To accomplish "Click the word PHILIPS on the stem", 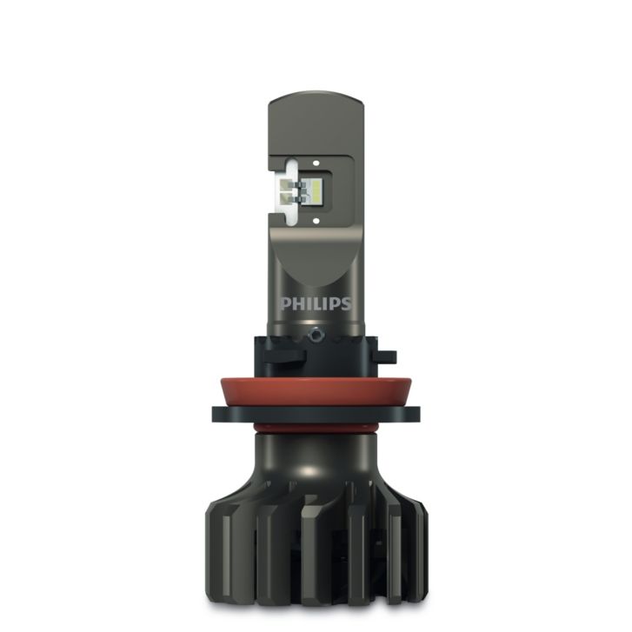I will click(316, 304).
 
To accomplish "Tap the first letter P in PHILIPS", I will click(285, 304).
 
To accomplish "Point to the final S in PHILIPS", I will click(346, 304).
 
